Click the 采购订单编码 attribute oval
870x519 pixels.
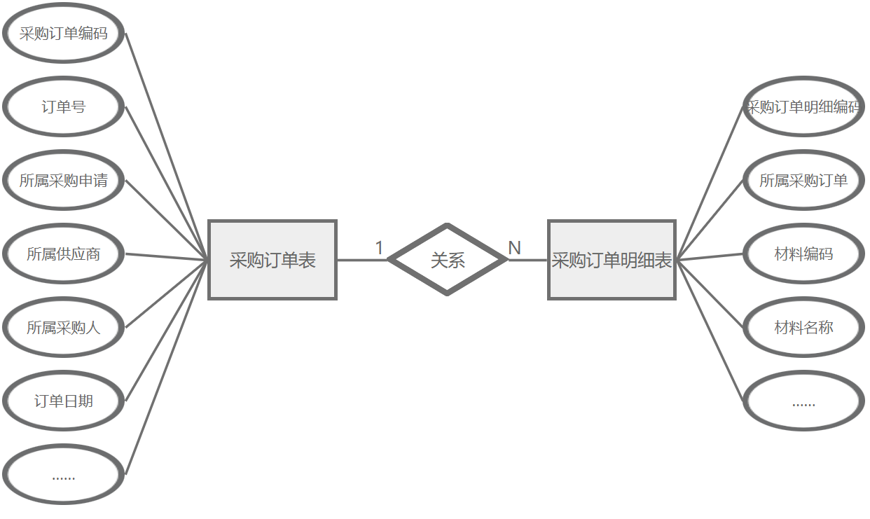coord(64,34)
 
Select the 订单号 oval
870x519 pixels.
coord(64,107)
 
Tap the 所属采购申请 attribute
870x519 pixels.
coord(64,181)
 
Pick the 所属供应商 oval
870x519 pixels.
coord(64,254)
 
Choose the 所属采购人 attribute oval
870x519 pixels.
coord(64,328)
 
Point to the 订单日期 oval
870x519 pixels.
coord(64,401)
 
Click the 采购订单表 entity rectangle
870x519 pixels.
coord(272,261)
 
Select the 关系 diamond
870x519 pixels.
coord(448,261)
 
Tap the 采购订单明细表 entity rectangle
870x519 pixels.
coord(612,261)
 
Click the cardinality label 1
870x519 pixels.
coord(379,248)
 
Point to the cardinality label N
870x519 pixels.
coord(514,248)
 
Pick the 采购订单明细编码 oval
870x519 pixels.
coord(803,107)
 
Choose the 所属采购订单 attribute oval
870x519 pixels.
coord(803,181)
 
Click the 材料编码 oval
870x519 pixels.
coord(803,254)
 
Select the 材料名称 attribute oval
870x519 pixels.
coord(803,328)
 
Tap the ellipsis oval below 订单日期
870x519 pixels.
coord(64,476)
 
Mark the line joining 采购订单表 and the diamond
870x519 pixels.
coord(362,261)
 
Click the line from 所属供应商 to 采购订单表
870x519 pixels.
coord(167,257)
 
